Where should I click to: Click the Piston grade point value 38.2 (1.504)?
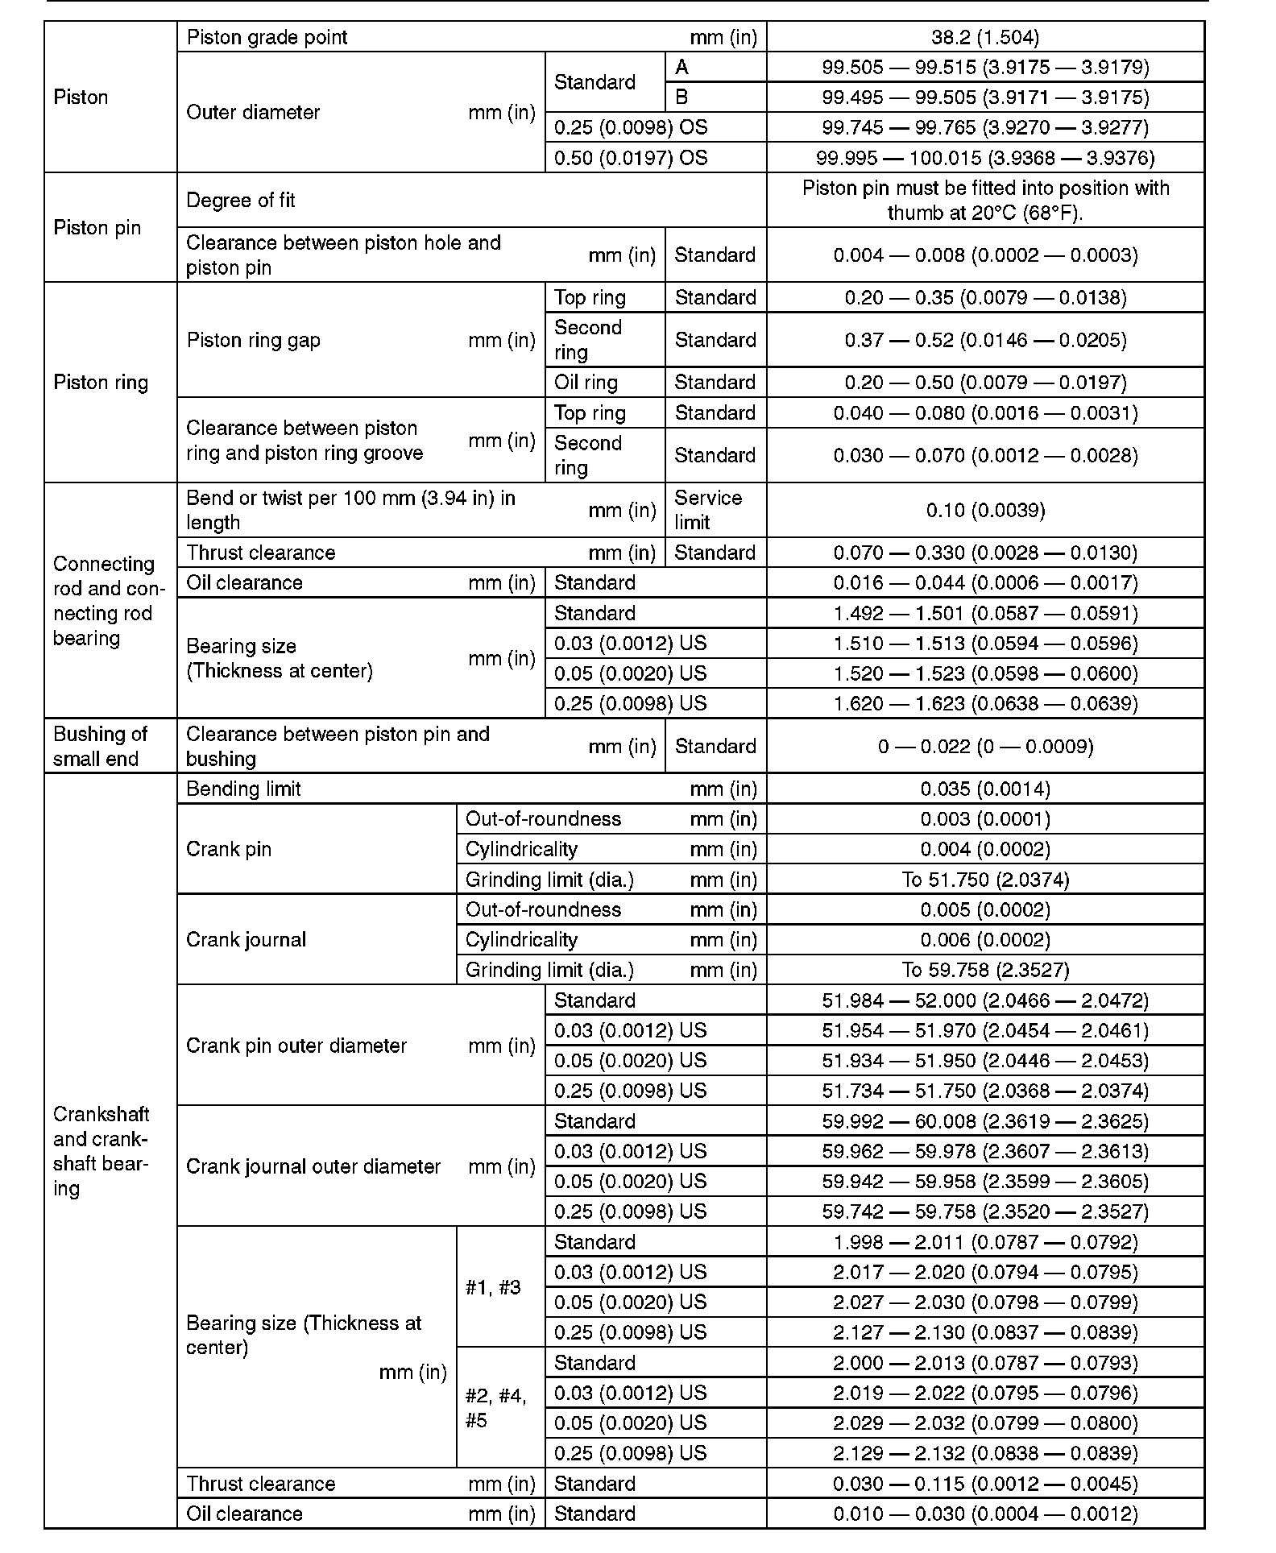click(985, 37)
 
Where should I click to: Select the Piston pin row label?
click(97, 228)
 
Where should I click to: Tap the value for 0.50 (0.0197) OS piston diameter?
click(985, 158)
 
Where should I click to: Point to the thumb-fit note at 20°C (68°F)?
click(985, 200)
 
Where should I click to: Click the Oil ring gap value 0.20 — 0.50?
click(985, 383)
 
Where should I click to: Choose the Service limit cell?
click(707, 510)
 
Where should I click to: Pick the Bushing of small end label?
click(100, 746)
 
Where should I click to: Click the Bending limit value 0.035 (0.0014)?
click(985, 789)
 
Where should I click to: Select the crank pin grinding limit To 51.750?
click(985, 880)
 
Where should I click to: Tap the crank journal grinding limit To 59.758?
click(985, 970)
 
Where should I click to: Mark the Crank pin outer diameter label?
click(296, 1046)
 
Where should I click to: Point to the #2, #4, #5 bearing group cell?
click(496, 1408)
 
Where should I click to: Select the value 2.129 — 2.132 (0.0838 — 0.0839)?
click(985, 1453)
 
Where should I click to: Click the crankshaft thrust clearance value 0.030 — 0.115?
click(985, 1484)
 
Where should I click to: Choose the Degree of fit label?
click(241, 201)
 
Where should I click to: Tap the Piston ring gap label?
click(254, 340)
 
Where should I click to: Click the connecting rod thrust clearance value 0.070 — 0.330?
click(985, 553)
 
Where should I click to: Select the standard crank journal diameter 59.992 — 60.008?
click(985, 1121)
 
